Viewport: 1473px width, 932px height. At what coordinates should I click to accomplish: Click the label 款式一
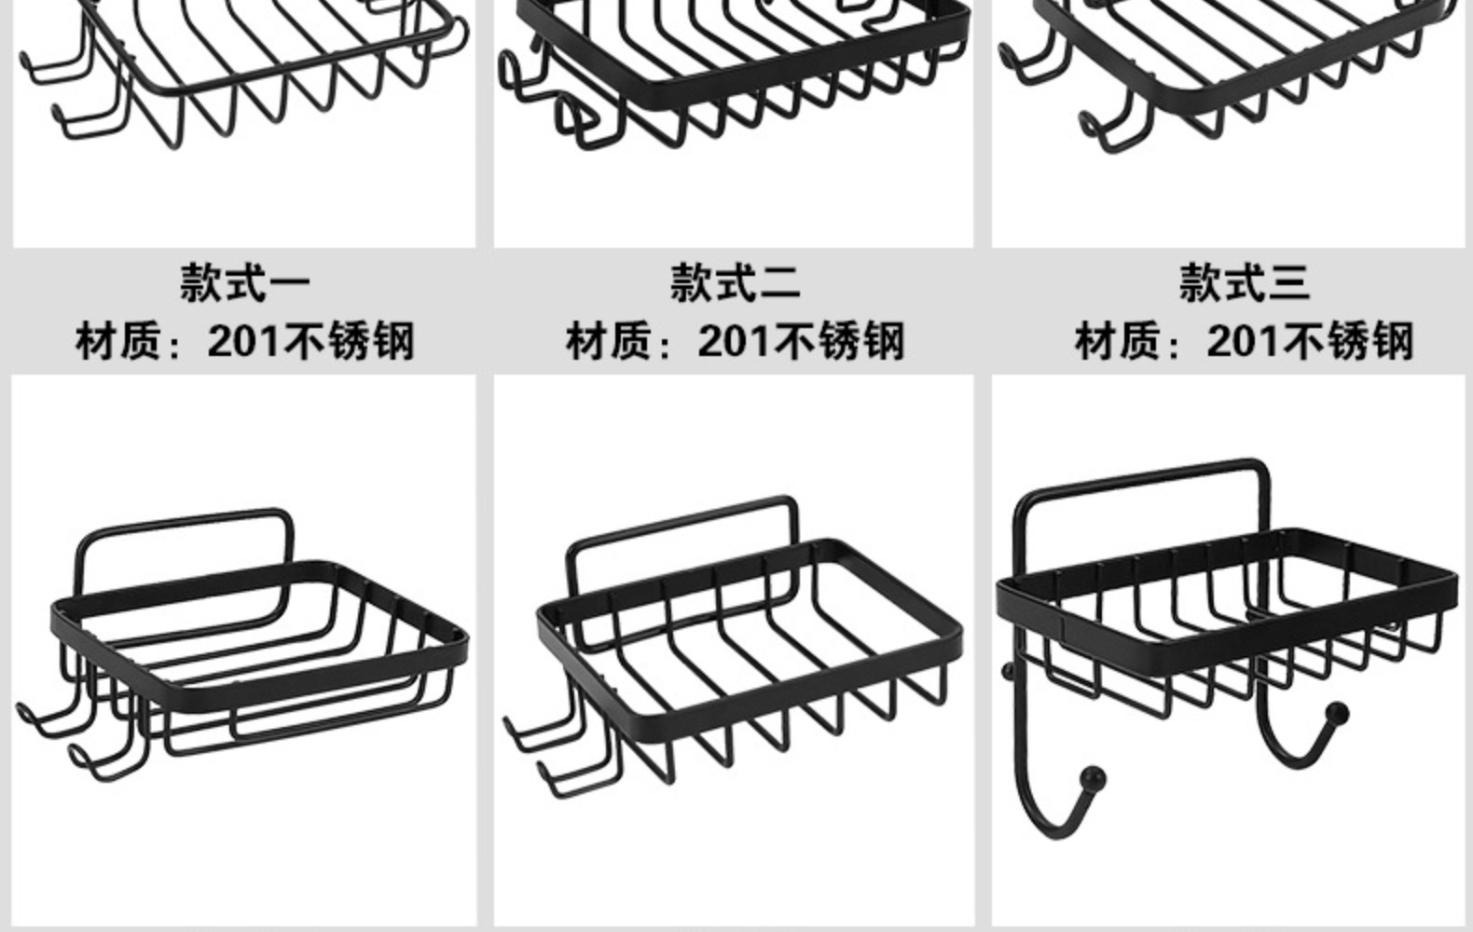click(x=245, y=283)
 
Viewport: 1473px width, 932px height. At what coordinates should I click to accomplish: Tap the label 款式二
click(x=735, y=283)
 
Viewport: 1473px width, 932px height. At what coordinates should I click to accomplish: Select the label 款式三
click(x=1244, y=283)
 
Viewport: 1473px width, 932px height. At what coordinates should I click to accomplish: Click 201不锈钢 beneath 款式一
click(x=310, y=341)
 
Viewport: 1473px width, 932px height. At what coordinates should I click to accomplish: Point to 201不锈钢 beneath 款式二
click(x=801, y=341)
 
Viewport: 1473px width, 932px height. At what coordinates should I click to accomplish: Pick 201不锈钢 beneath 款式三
click(x=1310, y=341)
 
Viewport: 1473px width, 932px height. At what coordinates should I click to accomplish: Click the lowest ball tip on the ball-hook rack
click(x=1093, y=776)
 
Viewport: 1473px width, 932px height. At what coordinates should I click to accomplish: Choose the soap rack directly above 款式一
click(x=242, y=75)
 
